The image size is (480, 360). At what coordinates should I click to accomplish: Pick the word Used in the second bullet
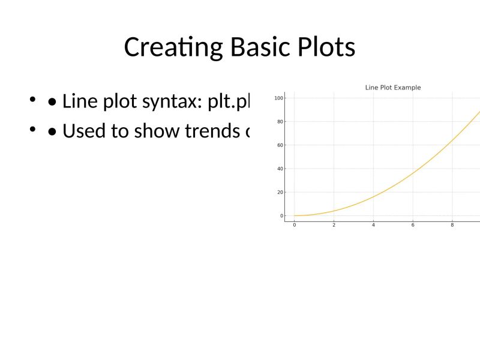(82, 130)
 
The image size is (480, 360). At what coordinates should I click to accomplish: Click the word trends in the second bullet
(215, 130)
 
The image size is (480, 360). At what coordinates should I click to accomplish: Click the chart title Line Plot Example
(393, 88)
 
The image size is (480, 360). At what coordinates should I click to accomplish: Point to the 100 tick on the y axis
(280, 98)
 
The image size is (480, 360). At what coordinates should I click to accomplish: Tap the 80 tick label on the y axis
(280, 122)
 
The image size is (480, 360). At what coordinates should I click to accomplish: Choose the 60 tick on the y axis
(280, 145)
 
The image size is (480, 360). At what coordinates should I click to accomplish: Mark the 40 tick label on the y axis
(280, 169)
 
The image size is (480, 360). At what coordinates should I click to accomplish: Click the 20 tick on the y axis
(280, 192)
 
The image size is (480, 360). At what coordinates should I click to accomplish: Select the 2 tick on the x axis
(334, 225)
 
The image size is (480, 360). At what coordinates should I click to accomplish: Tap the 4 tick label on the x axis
(373, 225)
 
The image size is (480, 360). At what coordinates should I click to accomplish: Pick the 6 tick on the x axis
(413, 225)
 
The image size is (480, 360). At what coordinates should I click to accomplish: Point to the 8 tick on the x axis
(452, 225)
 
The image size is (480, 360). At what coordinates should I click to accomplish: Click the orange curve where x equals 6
(413, 173)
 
